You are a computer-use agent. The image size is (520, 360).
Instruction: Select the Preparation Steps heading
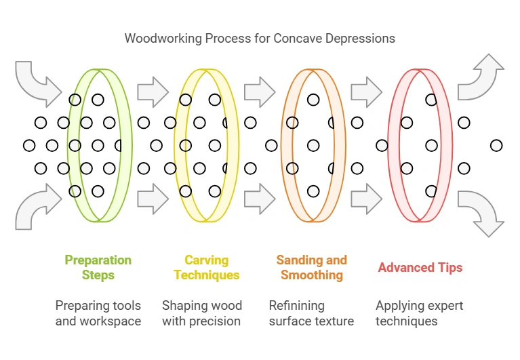pos(98,267)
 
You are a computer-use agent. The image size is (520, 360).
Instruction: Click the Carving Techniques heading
pos(206,267)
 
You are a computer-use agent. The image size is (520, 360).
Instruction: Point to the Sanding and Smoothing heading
pos(312,267)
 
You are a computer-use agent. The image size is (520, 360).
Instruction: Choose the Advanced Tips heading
pos(420,267)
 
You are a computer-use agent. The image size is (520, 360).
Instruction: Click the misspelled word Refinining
pos(296,305)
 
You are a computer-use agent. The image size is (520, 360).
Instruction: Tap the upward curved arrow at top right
pos(481,77)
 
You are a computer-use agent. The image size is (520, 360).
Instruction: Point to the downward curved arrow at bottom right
pos(481,212)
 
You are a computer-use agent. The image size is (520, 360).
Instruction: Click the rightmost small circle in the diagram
pos(496,145)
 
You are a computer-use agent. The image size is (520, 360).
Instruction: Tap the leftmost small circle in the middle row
pos(29,145)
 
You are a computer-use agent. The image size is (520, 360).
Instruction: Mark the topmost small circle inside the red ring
pos(431,100)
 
